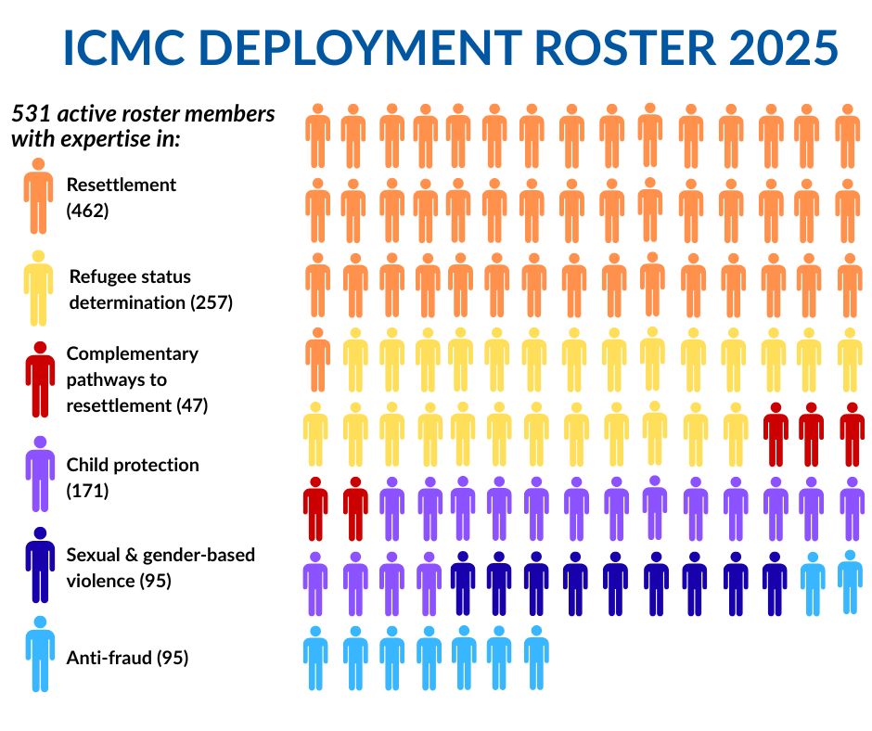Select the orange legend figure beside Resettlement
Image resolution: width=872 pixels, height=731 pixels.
(38, 196)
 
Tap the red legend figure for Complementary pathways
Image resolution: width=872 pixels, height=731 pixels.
(39, 379)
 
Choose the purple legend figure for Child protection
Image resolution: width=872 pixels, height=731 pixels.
(39, 473)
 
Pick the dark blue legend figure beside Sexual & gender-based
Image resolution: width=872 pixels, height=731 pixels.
(39, 565)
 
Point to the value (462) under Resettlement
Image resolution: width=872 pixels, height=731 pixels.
(88, 211)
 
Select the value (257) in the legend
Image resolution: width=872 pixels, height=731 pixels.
(212, 302)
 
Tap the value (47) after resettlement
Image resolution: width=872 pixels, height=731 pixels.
(192, 405)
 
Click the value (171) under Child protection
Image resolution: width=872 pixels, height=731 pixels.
(88, 491)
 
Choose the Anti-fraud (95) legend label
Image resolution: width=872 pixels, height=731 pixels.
(127, 658)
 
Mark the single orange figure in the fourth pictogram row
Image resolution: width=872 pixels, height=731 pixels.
(317, 359)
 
